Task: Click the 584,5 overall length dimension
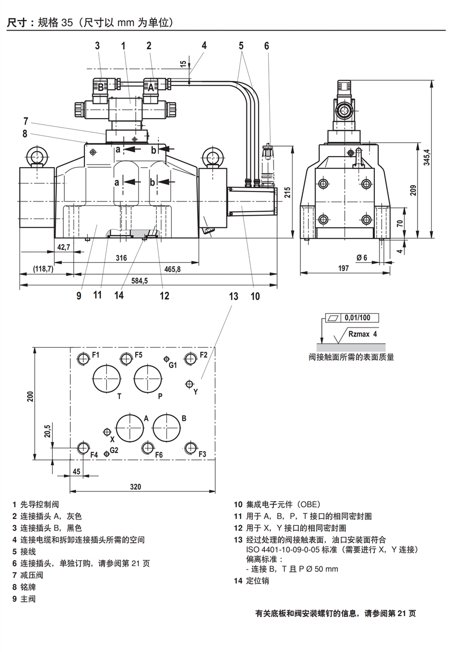139,281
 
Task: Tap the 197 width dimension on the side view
343,269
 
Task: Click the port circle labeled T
107,378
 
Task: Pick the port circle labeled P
148,378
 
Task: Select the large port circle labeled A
130,427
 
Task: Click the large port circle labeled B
167,427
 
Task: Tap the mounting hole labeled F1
83,359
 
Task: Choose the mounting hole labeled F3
191,448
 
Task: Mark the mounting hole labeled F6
148,448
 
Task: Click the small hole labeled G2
107,453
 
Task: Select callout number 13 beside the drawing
233,296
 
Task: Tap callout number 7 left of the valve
25,120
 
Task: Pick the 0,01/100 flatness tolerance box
357,318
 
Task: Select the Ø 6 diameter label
362,257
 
